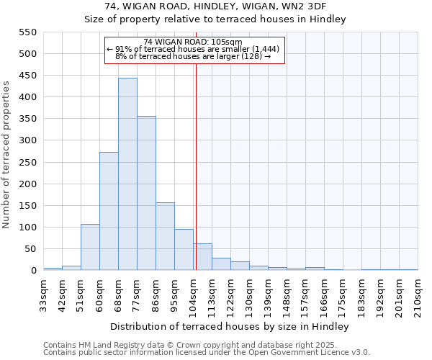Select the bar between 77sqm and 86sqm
coord(146,193)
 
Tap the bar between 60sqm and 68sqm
coord(109,211)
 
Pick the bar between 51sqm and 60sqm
coord(90,247)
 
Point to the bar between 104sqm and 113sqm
coord(202,257)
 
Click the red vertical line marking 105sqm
coord(196,166)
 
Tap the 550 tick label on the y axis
coord(27,32)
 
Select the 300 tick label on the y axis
coord(27,140)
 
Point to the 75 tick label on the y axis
coord(30,249)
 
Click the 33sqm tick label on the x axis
coord(44,294)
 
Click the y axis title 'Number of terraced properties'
coord(6,155)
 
